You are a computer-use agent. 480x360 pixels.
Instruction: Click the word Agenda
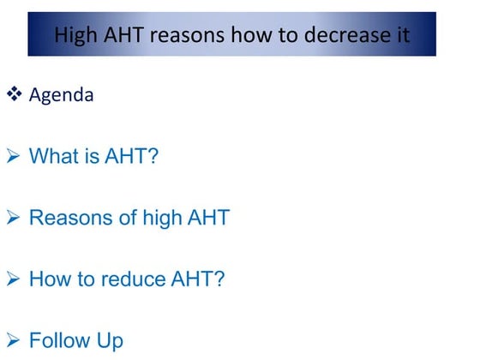pyautogui.click(x=61, y=94)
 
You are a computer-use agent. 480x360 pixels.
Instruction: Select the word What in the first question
pyautogui.click(x=53, y=156)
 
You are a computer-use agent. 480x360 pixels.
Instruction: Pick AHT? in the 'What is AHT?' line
pyautogui.click(x=129, y=156)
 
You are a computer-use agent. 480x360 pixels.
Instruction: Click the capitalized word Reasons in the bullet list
pyautogui.click(x=69, y=218)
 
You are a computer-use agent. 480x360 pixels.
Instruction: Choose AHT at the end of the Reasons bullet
pyautogui.click(x=209, y=218)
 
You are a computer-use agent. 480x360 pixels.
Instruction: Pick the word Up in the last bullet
pyautogui.click(x=109, y=341)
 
